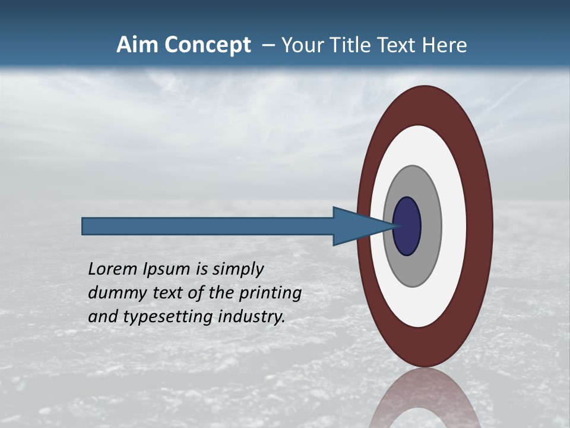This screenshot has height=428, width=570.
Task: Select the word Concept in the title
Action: pyautogui.click(x=207, y=45)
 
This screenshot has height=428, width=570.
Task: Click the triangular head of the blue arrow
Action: pyautogui.click(x=356, y=226)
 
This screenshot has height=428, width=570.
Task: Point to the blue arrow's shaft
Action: pyautogui.click(x=208, y=226)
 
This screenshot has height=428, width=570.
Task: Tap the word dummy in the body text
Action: pyautogui.click(x=113, y=292)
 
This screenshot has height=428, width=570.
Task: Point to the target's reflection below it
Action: pyautogui.click(x=425, y=398)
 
